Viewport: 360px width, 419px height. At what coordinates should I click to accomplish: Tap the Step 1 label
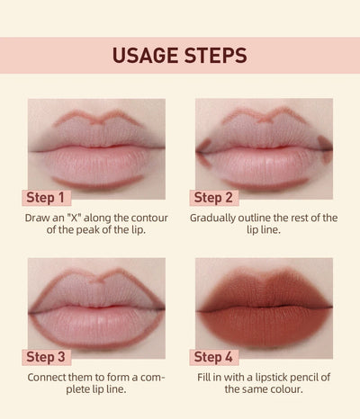[45, 198]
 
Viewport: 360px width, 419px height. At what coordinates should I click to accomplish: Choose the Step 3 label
[45, 357]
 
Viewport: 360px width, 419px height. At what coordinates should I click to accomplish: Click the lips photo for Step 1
[96, 145]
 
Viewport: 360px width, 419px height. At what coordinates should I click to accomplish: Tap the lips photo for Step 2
[264, 145]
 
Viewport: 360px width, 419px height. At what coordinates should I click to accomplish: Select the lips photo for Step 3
[96, 304]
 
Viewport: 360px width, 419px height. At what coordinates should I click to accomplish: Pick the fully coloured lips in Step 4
[264, 304]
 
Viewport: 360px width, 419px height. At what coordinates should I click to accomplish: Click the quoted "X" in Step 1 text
[80, 218]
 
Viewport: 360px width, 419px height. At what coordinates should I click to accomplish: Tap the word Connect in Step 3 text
[52, 376]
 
